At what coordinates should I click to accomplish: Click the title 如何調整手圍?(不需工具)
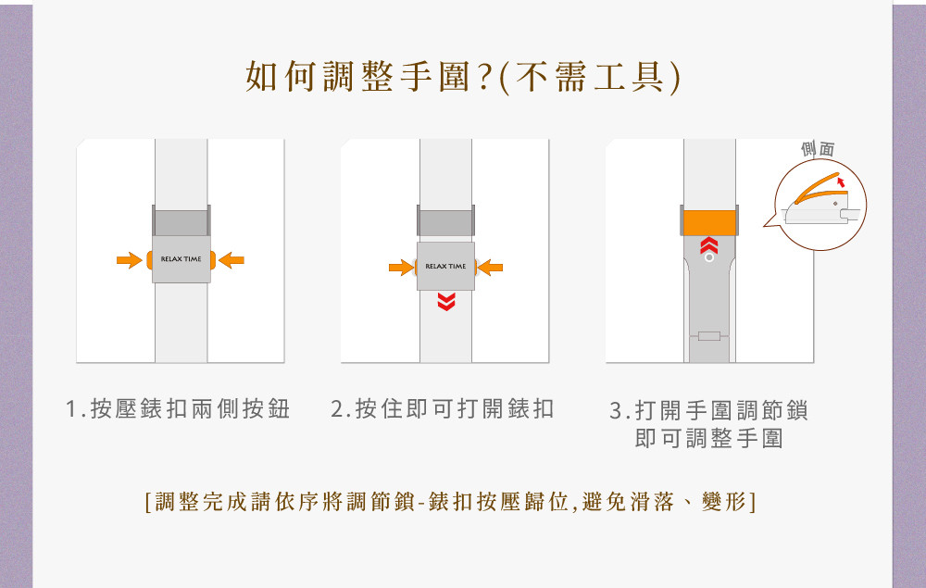463,78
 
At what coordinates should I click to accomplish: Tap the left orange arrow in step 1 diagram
130,260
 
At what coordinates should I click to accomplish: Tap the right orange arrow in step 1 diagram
231,260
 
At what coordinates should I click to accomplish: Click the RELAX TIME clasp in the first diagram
181,259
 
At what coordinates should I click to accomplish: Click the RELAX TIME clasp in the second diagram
446,267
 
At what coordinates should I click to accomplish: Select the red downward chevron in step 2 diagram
446,302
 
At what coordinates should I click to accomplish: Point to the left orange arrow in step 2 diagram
401,268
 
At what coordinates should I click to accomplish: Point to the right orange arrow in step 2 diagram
491,268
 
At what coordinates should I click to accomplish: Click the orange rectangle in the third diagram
709,223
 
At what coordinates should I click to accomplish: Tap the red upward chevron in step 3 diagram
709,245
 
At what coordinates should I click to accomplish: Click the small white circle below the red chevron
709,257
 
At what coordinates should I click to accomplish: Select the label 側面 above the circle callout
818,149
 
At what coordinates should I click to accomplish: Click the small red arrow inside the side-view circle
841,181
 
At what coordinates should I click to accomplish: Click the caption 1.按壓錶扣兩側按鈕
178,408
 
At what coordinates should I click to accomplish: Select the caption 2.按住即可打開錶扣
443,408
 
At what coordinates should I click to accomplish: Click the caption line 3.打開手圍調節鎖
708,410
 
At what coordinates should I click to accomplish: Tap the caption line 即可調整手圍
709,439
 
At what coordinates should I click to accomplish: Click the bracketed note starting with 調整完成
450,502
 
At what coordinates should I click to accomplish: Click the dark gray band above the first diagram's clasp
181,221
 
